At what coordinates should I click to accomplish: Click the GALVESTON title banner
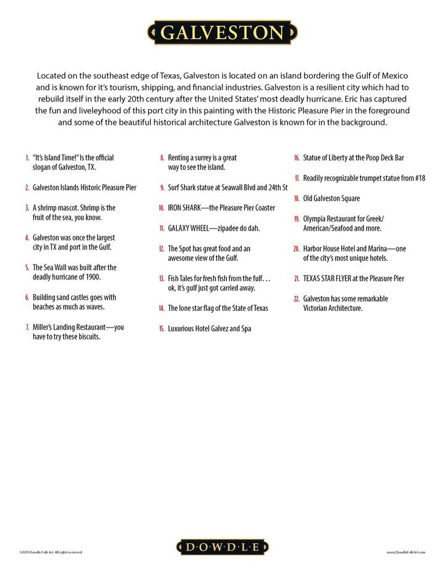pos(222,32)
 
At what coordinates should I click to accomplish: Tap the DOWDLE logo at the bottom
pos(223,547)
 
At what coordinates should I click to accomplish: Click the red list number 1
pos(27,158)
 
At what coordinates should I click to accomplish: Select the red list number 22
pos(297,299)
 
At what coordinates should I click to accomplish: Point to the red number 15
pos(161,329)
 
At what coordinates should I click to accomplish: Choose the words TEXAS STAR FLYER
pos(327,279)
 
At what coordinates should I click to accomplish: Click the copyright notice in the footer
pos(51,552)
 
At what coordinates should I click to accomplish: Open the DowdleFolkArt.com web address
pos(406,552)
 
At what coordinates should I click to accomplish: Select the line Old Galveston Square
pos(331,198)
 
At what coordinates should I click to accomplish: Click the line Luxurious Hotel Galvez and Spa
pos(210,329)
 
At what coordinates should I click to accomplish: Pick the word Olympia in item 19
pos(315,219)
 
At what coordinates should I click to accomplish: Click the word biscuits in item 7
pos(87,337)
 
